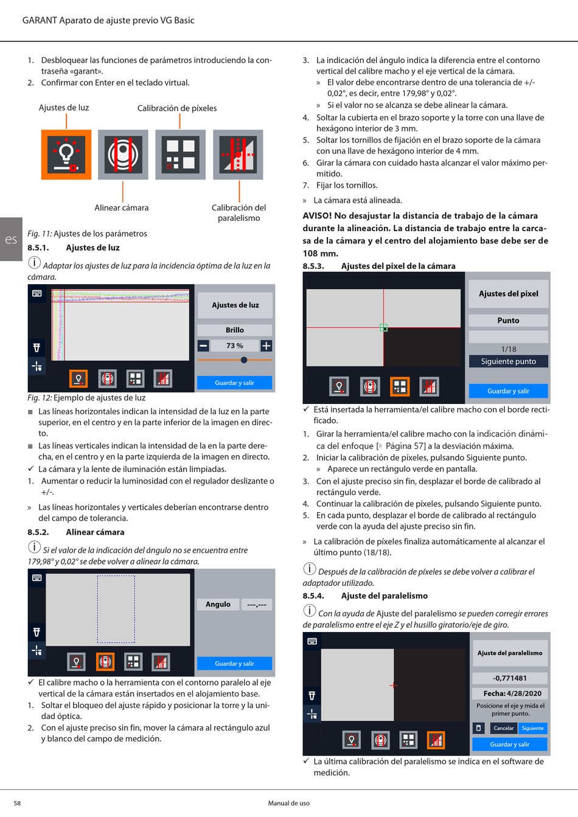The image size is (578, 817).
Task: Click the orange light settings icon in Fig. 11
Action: [x=66, y=155]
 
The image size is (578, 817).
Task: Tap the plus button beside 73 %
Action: [x=266, y=346]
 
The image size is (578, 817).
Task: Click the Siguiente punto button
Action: [x=508, y=361]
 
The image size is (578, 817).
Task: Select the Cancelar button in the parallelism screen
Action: [x=503, y=728]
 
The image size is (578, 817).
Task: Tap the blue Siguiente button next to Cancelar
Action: [x=532, y=728]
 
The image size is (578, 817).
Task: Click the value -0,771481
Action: [x=510, y=678]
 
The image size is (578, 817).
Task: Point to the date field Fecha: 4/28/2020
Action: [x=510, y=694]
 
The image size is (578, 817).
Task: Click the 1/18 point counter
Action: [x=509, y=349]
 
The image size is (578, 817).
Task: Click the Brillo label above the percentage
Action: [x=235, y=330]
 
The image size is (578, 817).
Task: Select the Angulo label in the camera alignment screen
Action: [x=218, y=605]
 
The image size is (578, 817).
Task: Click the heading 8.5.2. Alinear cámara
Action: [x=76, y=532]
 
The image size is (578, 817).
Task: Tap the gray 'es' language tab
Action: [x=11, y=239]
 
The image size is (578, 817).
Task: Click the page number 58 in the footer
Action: [x=17, y=803]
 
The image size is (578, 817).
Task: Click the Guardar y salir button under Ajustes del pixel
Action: [x=508, y=391]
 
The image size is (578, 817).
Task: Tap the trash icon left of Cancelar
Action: [x=479, y=728]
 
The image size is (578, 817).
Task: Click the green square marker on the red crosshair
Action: [x=383, y=327]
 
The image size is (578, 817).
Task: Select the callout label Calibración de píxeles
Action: [x=177, y=108]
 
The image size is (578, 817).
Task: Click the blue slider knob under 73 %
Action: [x=244, y=360]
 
